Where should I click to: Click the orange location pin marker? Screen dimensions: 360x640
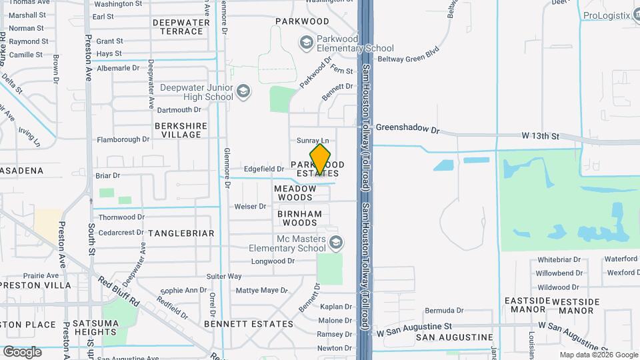pyautogui.click(x=320, y=159)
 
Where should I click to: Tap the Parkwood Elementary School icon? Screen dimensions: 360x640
pyautogui.click(x=307, y=43)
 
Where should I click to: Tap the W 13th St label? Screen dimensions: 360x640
pyautogui.click(x=541, y=136)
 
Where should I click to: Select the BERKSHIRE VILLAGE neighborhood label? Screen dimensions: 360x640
pyautogui.click(x=177, y=130)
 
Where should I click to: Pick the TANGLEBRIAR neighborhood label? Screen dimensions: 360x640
pyautogui.click(x=181, y=233)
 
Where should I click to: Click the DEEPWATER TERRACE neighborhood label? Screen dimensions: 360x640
pyautogui.click(x=181, y=27)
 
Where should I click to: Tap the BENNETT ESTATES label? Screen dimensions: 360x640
pyautogui.click(x=249, y=324)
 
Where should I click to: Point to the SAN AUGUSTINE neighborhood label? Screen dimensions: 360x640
pyautogui.click(x=449, y=337)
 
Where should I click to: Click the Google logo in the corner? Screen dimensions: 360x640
pyautogui.click(x=22, y=351)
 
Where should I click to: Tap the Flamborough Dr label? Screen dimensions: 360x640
pyautogui.click(x=123, y=139)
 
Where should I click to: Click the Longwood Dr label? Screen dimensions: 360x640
pyautogui.click(x=273, y=261)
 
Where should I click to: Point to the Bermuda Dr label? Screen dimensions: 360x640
pyautogui.click(x=444, y=311)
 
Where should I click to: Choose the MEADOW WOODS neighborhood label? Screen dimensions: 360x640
pyautogui.click(x=294, y=193)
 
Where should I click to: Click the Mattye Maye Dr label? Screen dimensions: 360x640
pyautogui.click(x=261, y=291)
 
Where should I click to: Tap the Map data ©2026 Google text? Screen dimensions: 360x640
pyautogui.click(x=598, y=355)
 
